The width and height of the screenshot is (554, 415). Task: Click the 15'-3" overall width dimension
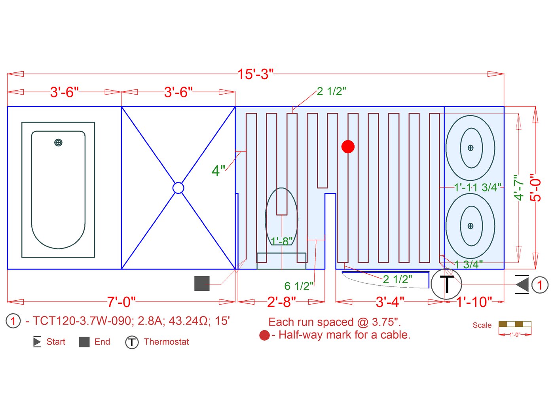255,74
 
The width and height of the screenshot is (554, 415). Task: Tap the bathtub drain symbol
58,143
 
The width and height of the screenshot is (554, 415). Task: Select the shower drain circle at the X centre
178,188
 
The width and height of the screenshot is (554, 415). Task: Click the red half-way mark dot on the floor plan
348,146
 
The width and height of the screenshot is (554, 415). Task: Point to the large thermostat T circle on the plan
446,284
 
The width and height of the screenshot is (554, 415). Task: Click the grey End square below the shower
202,283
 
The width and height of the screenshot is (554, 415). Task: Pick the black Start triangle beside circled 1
522,284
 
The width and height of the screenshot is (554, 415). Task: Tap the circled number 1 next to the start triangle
540,285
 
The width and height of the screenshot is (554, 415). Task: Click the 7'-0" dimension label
121,302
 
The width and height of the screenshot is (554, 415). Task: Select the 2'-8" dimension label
281,302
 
